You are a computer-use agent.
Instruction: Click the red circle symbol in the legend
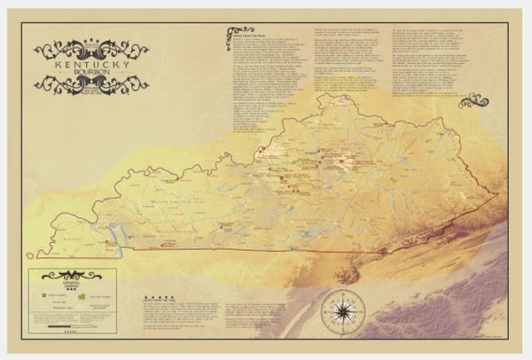coord(41,291)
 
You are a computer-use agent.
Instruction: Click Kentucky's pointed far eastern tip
coord(498,193)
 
